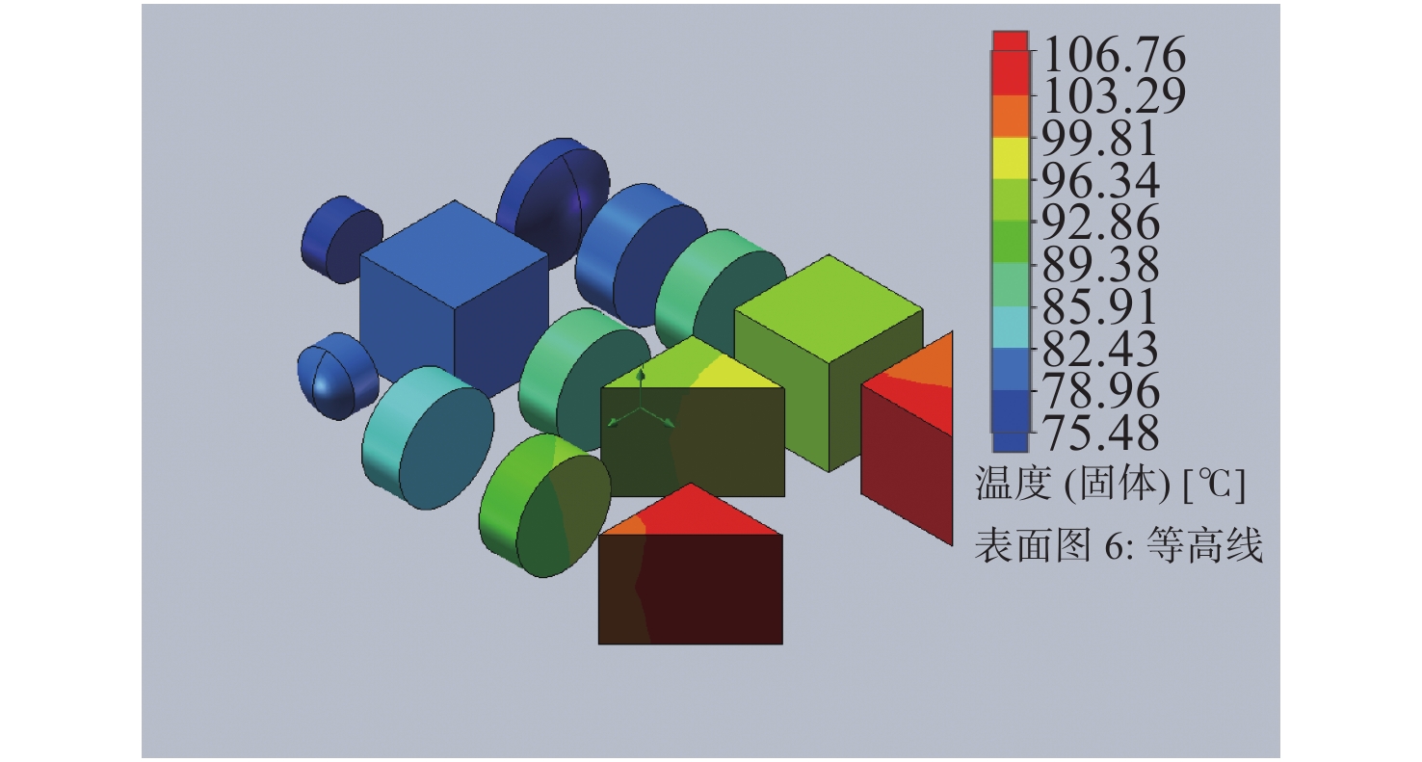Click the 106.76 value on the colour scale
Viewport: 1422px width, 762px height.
coord(1114,54)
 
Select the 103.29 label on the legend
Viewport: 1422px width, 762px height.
coord(1114,96)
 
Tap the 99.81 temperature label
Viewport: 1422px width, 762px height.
coord(1100,138)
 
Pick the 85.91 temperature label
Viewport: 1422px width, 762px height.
coord(1100,306)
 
